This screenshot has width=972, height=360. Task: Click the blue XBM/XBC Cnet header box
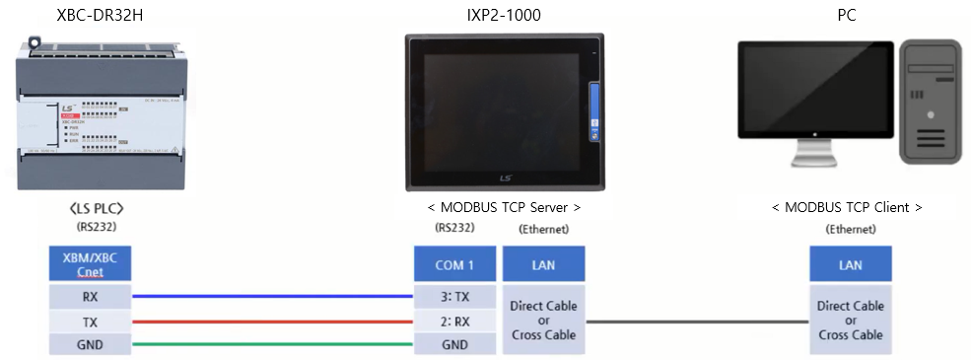pos(90,263)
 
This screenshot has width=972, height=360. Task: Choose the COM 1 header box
pos(454,264)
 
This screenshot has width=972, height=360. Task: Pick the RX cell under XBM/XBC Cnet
pos(90,296)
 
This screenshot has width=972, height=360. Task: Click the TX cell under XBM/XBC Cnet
pos(90,321)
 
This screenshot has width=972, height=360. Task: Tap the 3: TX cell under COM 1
pos(454,296)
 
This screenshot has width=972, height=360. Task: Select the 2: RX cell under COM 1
pos(454,321)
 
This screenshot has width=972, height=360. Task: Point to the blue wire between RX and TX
pos(271,295)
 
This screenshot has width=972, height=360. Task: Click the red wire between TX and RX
pos(271,321)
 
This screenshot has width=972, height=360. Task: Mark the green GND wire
pos(271,344)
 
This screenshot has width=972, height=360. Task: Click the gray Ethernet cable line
pos(697,321)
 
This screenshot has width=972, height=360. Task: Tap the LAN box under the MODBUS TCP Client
pos(850,264)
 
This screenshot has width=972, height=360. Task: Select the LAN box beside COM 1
pos(543,264)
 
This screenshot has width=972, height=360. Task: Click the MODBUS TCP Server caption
pos(504,207)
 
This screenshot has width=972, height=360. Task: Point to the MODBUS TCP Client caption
pos(847,207)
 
